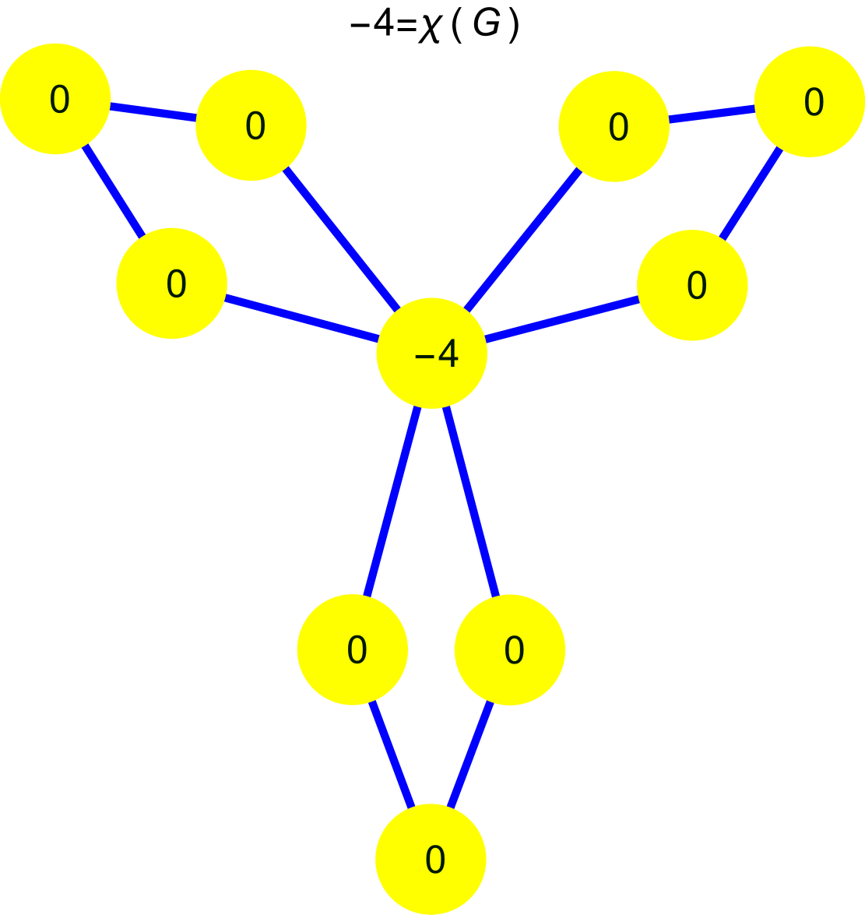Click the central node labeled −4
click(x=432, y=354)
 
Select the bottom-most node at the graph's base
click(x=431, y=859)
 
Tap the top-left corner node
click(x=55, y=99)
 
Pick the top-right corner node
click(x=810, y=101)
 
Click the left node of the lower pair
click(x=353, y=649)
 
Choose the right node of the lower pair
click(x=510, y=649)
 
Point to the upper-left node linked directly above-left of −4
click(x=251, y=125)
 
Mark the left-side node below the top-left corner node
click(x=171, y=283)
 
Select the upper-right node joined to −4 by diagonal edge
click(x=614, y=126)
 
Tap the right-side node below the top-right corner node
click(x=692, y=285)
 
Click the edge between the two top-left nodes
click(x=153, y=112)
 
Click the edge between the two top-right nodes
click(x=712, y=114)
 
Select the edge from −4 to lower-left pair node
click(x=392, y=502)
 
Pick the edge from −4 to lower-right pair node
click(x=471, y=502)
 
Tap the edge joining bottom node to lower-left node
click(x=392, y=755)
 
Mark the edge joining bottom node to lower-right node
click(x=470, y=755)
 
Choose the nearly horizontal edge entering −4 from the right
click(x=562, y=319)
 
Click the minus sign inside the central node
click(x=424, y=357)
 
